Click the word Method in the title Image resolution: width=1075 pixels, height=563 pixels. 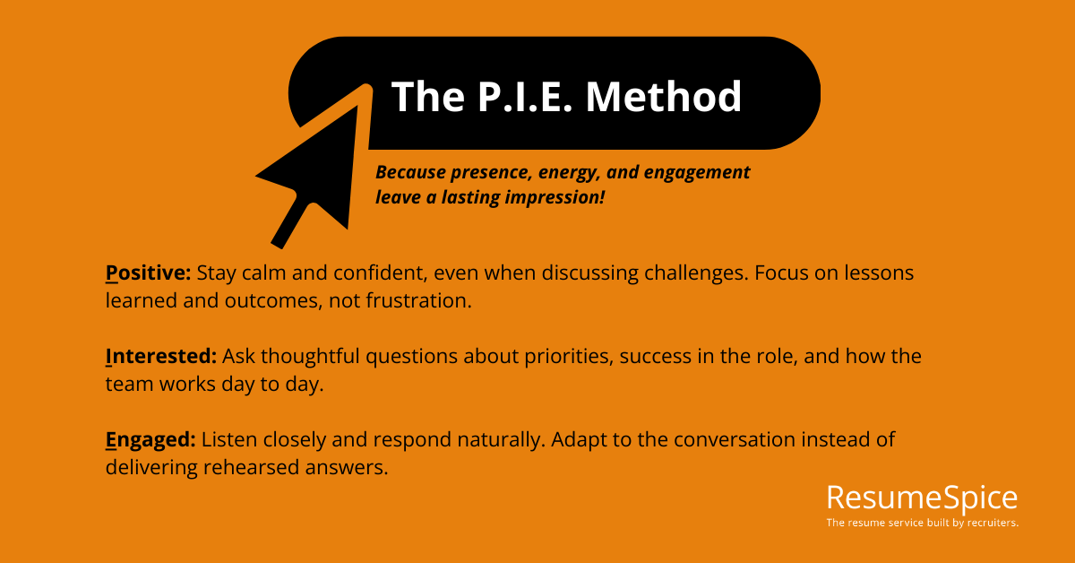664,97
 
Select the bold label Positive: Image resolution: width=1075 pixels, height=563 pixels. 148,273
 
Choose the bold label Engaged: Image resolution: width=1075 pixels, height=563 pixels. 150,439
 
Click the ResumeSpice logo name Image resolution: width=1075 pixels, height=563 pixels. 922,498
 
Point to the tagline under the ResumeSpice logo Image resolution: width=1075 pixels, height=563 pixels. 922,522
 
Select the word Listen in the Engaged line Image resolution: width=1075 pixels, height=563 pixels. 228,439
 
